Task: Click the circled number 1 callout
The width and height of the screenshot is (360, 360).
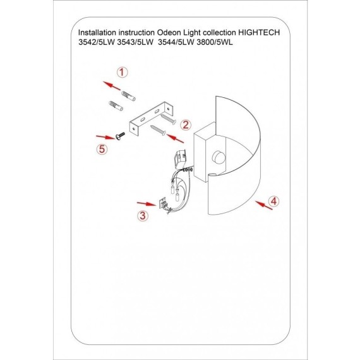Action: point(122,73)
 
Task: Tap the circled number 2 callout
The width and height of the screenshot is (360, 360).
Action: point(186,125)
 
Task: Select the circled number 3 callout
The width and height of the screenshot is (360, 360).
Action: point(143,216)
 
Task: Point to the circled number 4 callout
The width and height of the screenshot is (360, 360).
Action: point(273,201)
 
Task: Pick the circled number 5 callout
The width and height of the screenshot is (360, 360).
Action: point(102,149)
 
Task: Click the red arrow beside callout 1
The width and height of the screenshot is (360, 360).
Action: point(112,86)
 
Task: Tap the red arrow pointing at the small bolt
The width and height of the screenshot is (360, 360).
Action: point(105,137)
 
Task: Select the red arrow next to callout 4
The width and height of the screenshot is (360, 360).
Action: point(264,205)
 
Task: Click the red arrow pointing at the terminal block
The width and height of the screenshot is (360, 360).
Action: point(147,204)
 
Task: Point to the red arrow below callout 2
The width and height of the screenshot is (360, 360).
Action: point(175,138)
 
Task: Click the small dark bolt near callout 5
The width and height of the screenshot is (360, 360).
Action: point(120,136)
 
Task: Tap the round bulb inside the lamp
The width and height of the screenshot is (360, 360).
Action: point(219,157)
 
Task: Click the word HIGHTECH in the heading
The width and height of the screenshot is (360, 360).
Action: point(259,33)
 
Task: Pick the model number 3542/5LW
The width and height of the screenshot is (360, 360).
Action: point(97,42)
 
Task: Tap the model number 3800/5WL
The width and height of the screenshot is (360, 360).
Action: point(215,42)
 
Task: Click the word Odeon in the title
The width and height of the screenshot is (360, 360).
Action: point(169,33)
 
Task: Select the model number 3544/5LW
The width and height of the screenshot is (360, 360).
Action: point(176,42)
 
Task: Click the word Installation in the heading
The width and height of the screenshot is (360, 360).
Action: point(97,33)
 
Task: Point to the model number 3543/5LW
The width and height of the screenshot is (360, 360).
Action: point(135,42)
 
